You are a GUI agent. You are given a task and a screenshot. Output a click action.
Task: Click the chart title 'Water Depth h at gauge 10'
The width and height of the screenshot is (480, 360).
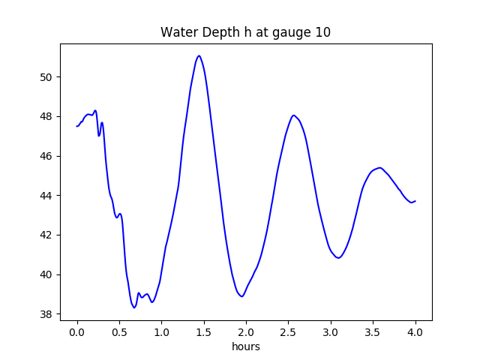[x=245, y=32]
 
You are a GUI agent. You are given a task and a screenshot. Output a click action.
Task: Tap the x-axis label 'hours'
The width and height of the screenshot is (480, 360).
[x=245, y=347]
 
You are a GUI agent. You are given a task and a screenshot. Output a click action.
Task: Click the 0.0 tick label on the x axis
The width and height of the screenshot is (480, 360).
[x=77, y=331]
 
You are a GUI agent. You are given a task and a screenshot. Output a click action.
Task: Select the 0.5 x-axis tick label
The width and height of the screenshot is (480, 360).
[x=119, y=331]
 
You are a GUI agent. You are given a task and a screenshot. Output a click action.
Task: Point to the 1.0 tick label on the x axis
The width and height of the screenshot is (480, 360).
[x=161, y=331]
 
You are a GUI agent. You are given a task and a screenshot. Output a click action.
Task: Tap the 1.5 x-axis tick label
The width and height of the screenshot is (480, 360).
[x=204, y=331]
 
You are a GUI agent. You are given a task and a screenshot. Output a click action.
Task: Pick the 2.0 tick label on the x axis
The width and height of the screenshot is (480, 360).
[x=246, y=331]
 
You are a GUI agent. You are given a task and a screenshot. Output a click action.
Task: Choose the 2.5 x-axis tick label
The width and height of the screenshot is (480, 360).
[x=289, y=331]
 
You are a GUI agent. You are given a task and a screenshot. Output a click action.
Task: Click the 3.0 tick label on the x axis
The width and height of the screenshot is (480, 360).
[x=331, y=331]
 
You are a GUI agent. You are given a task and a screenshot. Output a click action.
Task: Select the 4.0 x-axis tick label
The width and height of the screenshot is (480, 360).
[x=415, y=331]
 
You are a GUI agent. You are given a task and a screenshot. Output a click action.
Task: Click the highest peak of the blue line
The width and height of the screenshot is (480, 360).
[x=199, y=55]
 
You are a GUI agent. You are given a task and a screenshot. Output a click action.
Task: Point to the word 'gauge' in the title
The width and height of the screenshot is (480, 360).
[x=283, y=33]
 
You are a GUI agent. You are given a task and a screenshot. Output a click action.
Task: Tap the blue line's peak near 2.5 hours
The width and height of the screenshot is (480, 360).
[x=294, y=115]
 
